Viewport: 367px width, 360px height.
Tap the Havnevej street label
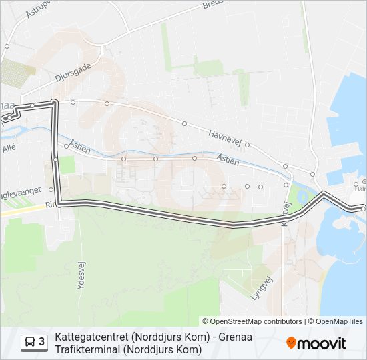point(224,135)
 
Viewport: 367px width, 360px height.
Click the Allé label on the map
point(9,149)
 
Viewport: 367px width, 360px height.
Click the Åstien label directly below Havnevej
point(228,159)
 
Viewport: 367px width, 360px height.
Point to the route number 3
point(42,343)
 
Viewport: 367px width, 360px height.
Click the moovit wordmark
point(322,343)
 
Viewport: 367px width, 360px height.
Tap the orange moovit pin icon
point(291,343)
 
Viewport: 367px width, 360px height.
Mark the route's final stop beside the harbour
point(362,209)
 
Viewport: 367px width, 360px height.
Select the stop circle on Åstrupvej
point(7,47)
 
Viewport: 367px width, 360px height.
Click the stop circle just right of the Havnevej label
point(248,144)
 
